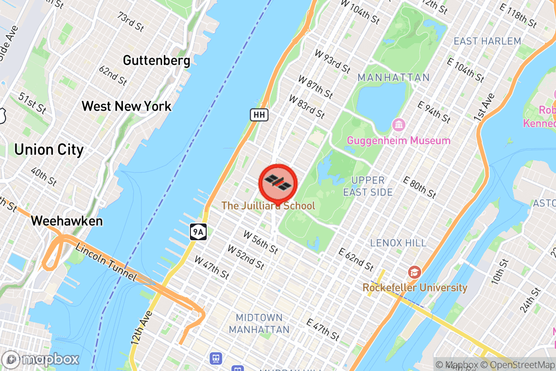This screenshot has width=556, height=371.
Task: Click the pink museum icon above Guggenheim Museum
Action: [x=398, y=124]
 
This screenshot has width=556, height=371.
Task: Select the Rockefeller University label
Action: [x=415, y=288]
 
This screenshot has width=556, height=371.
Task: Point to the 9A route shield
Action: [x=198, y=231]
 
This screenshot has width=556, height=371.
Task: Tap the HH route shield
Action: [x=259, y=115]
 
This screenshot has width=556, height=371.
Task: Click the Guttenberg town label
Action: [x=157, y=61]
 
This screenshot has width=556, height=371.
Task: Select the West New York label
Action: [x=126, y=106]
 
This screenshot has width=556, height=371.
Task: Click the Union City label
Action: [x=49, y=150]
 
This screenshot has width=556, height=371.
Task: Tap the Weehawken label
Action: [x=67, y=221]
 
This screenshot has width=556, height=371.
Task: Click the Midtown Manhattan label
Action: [x=259, y=324]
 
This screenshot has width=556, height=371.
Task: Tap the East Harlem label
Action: [x=487, y=41]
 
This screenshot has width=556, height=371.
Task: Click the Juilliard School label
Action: [x=268, y=205]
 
